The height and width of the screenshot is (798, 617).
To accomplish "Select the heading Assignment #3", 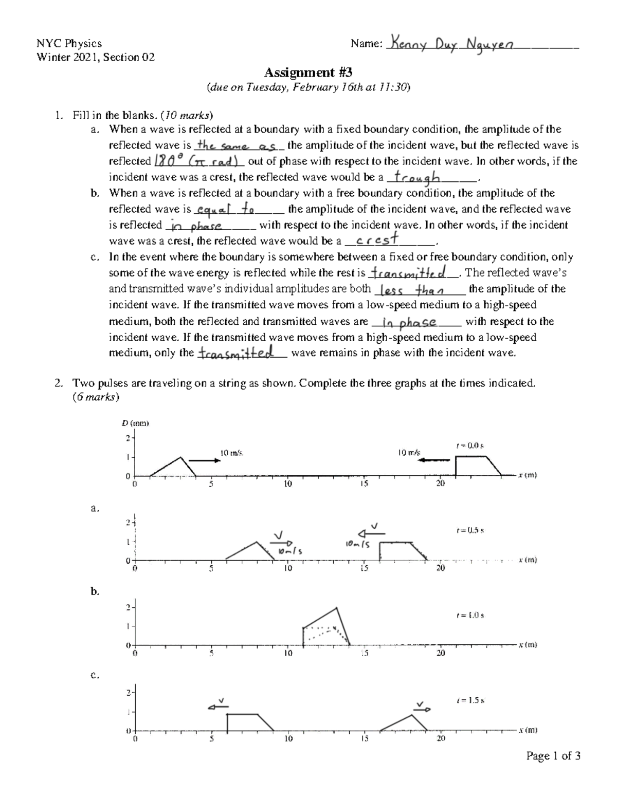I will [308, 72].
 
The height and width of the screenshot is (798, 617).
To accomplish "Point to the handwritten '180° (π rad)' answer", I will [198, 161].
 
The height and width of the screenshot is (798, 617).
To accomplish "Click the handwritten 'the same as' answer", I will [238, 146].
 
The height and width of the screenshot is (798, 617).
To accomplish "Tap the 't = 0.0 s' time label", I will [470, 446].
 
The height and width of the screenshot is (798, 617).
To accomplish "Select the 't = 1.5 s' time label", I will [470, 700].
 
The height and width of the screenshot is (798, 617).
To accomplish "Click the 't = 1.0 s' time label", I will [470, 615].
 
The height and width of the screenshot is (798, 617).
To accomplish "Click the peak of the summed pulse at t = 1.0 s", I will [337, 608].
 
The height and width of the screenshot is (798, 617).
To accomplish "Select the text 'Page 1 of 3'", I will [553, 755].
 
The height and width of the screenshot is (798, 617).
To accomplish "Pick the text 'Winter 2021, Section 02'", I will [96, 57].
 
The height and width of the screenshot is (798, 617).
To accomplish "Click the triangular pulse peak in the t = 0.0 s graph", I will [180, 457].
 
